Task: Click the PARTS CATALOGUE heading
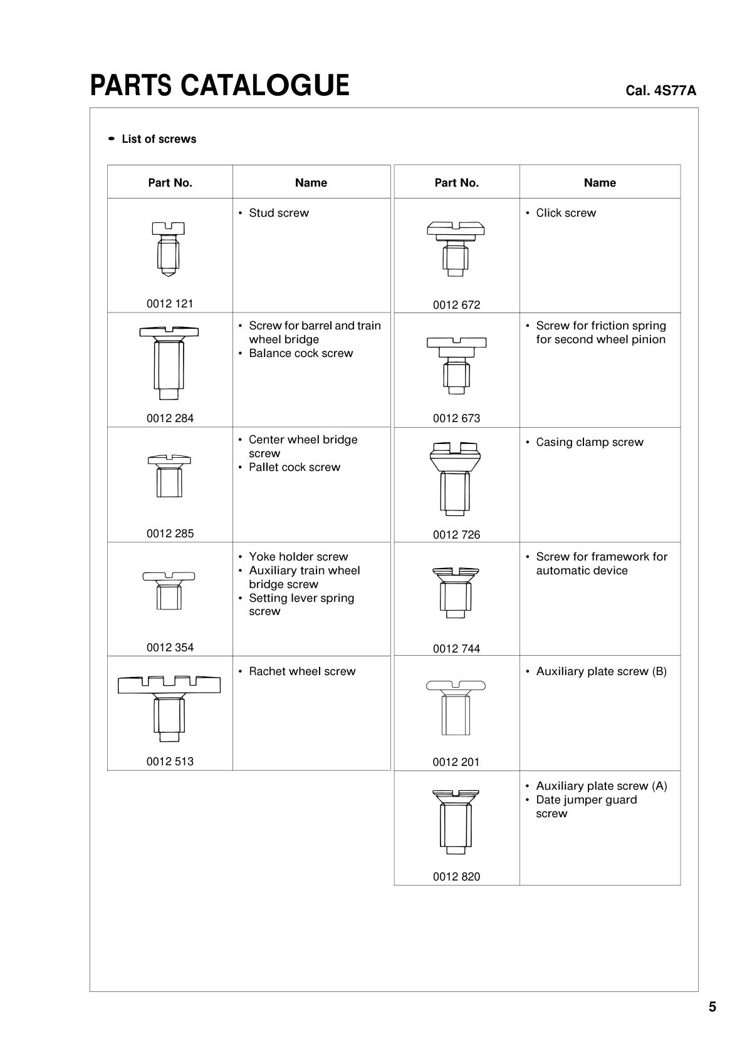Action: point(219,86)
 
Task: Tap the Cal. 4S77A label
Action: point(661,91)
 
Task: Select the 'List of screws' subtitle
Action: point(159,139)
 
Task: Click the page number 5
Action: point(712,1007)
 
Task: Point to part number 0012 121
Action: point(170,304)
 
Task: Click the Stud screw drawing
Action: point(168,249)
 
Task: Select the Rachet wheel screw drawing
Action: point(169,704)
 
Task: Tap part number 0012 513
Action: point(170,762)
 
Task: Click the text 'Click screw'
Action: point(565,213)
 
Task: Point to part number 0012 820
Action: point(456,877)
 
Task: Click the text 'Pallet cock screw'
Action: point(294,467)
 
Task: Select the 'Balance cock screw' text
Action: point(301,353)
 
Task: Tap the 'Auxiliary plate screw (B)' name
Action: point(601,671)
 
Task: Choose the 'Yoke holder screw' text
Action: point(298,557)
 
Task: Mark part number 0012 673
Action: point(456,418)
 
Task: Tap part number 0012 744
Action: point(456,649)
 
